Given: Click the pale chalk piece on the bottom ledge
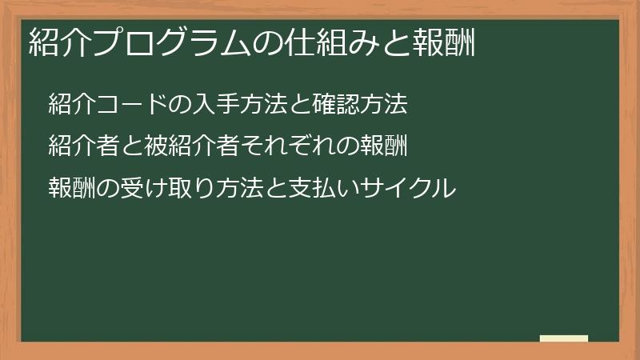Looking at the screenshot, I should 564,338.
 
